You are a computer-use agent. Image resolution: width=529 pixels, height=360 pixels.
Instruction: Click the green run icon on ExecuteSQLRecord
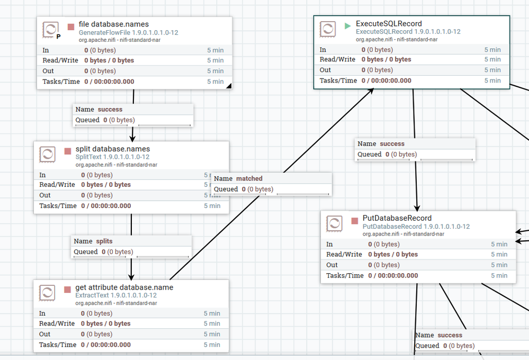[x=347, y=25]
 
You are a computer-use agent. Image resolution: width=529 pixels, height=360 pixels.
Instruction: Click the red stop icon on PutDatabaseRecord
[x=355, y=221]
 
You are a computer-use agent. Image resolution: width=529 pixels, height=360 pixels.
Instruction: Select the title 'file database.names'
[x=114, y=24]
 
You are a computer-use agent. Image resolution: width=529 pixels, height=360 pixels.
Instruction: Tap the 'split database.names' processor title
[x=113, y=149]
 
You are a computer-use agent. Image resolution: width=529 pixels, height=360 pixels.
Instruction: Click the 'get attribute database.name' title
[x=124, y=287]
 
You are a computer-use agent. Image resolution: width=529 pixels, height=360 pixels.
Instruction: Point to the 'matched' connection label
[x=249, y=178]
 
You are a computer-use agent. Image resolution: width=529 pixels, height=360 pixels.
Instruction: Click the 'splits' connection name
[x=104, y=241]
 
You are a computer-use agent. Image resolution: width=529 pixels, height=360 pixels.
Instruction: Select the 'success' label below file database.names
[x=110, y=109]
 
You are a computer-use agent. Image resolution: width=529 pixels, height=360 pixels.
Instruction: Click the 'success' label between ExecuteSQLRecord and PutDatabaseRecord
[x=392, y=143]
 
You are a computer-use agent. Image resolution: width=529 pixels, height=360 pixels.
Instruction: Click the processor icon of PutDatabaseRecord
[x=334, y=224]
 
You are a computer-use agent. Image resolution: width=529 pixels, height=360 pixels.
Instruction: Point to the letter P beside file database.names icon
[x=58, y=37]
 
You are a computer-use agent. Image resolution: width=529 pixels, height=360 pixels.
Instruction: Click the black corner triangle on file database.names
[x=229, y=86]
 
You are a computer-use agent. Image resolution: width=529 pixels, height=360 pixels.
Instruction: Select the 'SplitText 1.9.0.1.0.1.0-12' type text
[x=112, y=157]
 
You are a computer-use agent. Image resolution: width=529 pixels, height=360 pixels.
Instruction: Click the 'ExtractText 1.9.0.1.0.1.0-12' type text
[x=116, y=295]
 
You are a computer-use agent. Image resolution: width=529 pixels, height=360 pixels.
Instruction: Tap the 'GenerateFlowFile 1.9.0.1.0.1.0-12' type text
[x=129, y=33]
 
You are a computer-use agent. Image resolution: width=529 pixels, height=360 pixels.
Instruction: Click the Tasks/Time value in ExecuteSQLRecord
[x=386, y=80]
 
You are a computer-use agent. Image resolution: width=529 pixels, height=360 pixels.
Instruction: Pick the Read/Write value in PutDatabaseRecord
[x=393, y=255]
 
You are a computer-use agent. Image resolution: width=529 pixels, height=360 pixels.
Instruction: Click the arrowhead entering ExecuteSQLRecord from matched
[x=371, y=91]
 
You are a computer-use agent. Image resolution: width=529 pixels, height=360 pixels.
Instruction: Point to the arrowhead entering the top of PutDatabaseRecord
[x=417, y=208]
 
